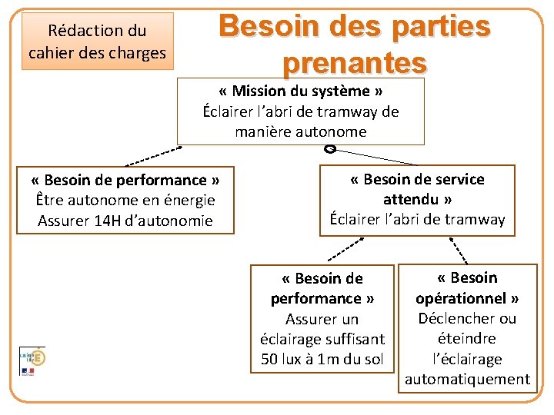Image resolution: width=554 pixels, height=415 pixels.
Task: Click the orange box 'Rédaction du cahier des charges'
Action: [97, 41]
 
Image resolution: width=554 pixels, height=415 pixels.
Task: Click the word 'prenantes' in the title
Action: [354, 61]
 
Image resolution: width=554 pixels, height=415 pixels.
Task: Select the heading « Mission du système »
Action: [300, 91]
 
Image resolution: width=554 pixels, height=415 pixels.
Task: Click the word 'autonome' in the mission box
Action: [334, 131]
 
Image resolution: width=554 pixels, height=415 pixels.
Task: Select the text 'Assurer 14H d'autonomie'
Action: [125, 221]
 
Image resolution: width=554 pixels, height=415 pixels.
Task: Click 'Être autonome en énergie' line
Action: [125, 201]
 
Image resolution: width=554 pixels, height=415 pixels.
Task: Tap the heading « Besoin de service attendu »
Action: [417, 189]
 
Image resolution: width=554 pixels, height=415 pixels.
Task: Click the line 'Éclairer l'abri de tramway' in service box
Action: [417, 219]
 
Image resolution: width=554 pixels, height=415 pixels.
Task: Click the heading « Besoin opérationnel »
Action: [467, 287]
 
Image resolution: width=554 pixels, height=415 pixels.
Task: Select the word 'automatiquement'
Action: [467, 379]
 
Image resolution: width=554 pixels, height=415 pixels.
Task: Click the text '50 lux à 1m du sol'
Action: [322, 359]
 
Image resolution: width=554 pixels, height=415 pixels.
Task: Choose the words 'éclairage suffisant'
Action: [322, 339]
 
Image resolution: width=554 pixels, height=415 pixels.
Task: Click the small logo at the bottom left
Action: [32, 360]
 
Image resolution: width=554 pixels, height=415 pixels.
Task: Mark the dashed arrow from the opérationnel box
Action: [456, 249]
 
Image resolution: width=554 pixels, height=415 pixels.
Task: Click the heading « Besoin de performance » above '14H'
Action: [125, 181]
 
